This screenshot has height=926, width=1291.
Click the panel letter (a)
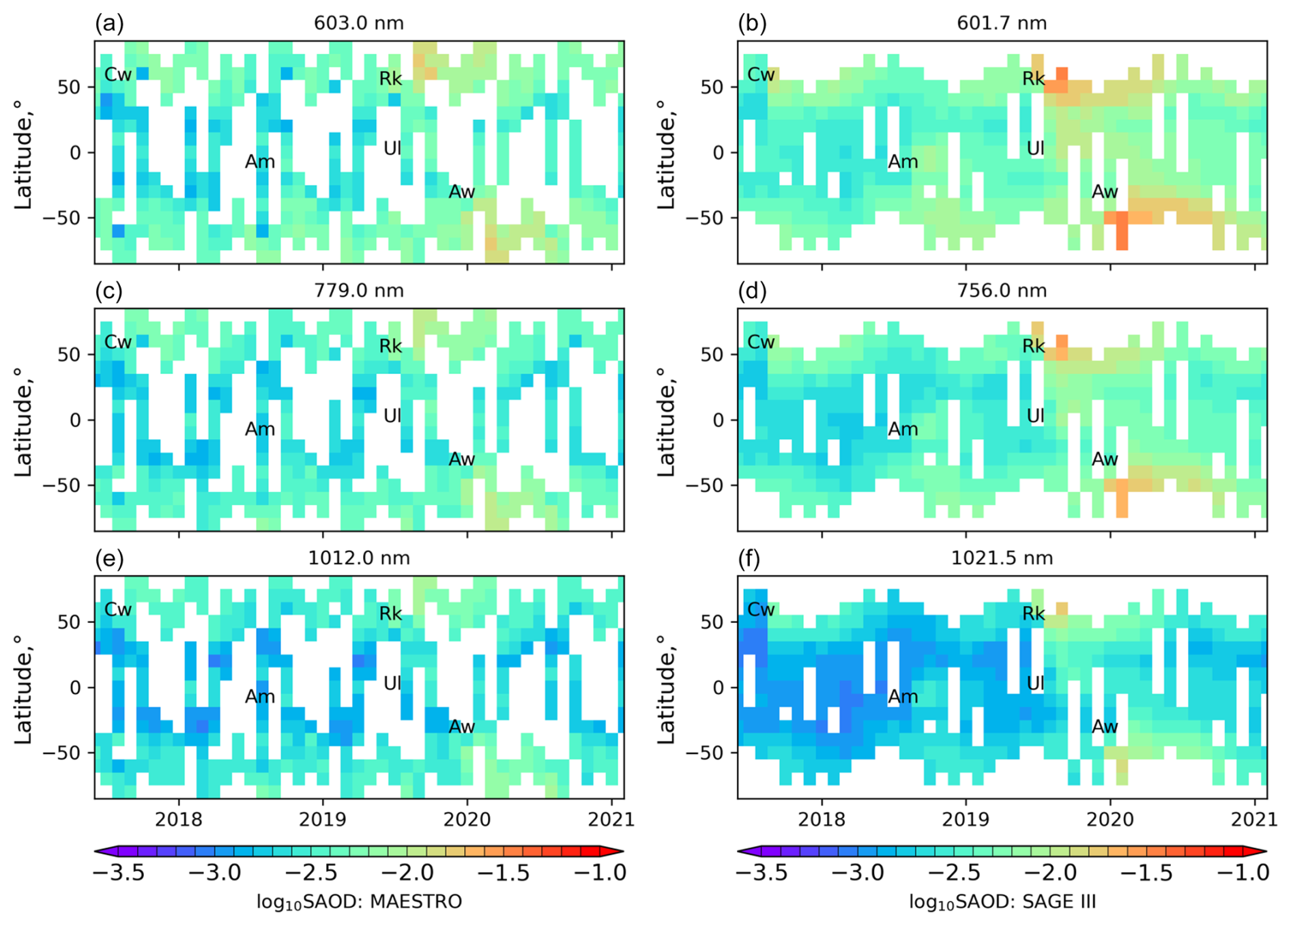109,24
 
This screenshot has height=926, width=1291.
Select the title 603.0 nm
359,23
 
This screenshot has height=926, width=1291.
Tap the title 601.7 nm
1002,23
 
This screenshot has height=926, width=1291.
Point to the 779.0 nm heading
359,291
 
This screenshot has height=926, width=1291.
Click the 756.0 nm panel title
1002,291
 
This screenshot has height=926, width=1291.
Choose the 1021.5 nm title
1002,558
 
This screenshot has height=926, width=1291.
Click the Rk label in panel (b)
1034,79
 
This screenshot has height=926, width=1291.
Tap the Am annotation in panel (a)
260,162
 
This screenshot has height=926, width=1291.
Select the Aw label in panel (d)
1105,459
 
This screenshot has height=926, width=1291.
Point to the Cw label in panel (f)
761,609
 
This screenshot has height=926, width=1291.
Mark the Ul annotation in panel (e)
392,683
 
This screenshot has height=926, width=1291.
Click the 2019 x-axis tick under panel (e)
323,819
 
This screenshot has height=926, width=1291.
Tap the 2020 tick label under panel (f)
1110,819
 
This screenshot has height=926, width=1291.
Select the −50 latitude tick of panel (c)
62,485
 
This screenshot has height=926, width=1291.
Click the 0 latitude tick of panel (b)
719,153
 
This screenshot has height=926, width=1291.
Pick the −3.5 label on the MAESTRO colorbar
118,873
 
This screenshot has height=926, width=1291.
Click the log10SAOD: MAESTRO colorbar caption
359,902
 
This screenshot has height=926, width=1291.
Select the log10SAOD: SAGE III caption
1002,902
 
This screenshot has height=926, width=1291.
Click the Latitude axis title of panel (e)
23,688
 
